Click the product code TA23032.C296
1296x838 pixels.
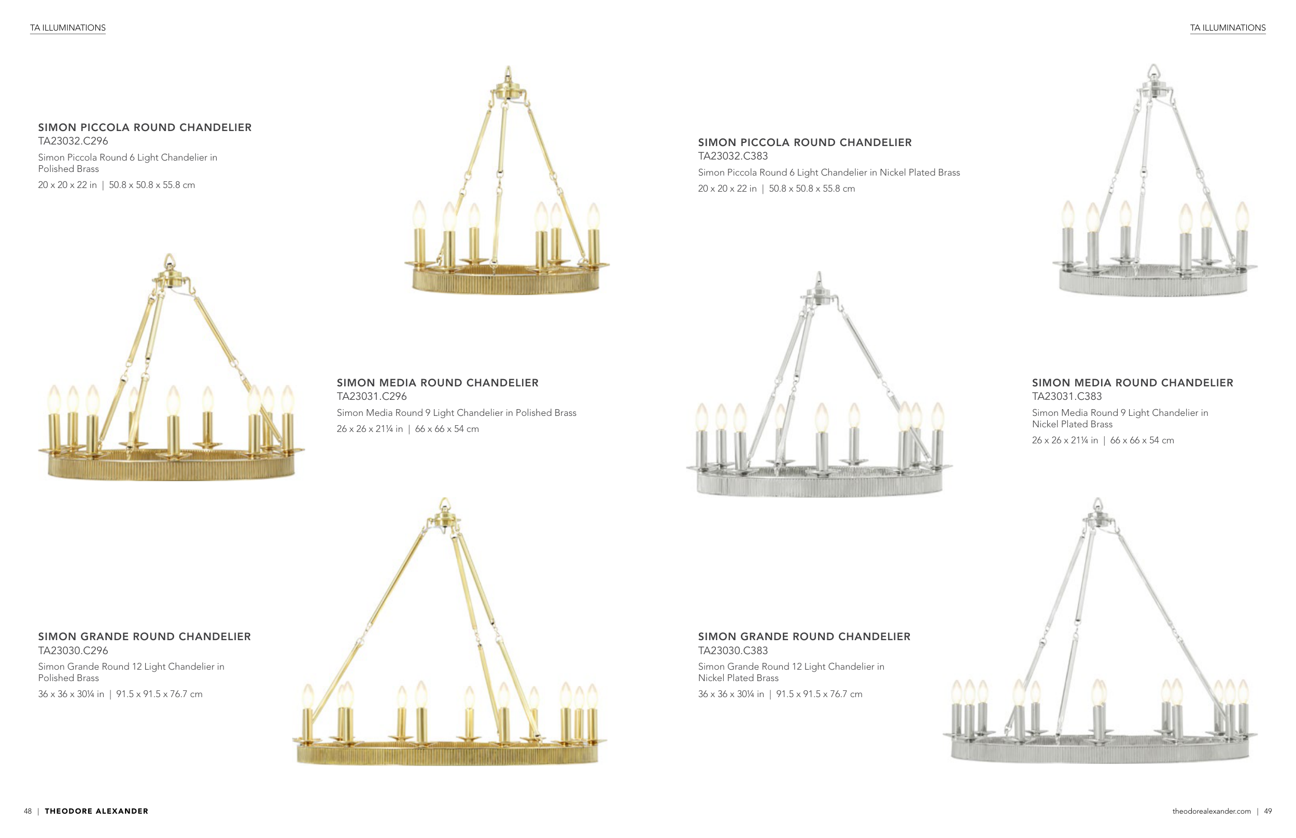click(73, 141)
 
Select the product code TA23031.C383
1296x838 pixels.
click(1066, 397)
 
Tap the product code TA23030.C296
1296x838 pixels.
click(73, 651)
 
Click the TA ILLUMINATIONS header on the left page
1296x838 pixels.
click(67, 28)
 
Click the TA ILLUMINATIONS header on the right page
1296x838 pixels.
click(1228, 28)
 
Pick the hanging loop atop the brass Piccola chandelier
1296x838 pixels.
click(508, 73)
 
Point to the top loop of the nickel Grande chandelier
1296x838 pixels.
click(1098, 503)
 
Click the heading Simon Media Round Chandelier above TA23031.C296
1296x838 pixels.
click(437, 383)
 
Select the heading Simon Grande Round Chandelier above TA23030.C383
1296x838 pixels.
click(804, 637)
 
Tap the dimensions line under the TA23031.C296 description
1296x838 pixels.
click(407, 429)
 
